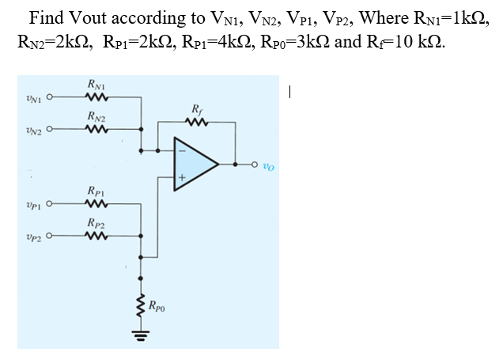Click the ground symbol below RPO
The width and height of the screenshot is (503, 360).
click(142, 333)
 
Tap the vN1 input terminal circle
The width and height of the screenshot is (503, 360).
click(49, 99)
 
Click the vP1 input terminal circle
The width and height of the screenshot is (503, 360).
click(49, 206)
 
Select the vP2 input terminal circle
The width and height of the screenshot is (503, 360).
click(49, 236)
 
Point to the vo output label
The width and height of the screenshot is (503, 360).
click(268, 166)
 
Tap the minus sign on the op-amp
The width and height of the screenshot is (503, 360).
click(181, 150)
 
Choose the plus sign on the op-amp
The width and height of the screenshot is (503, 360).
click(181, 179)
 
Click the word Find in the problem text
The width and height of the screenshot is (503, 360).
click(46, 17)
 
